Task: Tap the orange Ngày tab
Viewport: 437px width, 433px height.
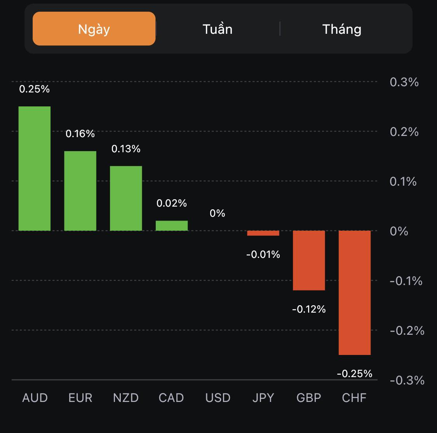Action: coord(94,29)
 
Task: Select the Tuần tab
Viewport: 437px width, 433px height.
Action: coord(218,29)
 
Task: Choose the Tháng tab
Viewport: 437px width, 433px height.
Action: coord(342,29)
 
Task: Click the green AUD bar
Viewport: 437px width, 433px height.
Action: coord(35,169)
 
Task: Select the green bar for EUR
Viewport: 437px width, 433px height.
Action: coord(80,191)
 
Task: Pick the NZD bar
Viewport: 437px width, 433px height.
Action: coord(126,198)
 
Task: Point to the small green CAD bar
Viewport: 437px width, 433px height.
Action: coord(172,226)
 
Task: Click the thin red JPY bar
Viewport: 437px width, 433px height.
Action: coord(263,233)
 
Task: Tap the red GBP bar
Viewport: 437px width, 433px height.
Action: coord(309,260)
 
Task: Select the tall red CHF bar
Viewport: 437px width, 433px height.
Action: coord(355,292)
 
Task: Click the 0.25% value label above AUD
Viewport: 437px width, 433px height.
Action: coord(35,89)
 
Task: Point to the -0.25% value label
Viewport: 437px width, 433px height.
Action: coord(355,374)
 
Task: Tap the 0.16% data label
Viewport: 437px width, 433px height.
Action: coord(80,134)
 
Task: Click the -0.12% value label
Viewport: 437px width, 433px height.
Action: coord(309,309)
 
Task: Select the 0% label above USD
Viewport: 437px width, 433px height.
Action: coord(218,213)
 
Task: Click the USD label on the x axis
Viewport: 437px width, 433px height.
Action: coord(218,398)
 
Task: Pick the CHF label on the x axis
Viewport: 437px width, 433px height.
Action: coord(354,398)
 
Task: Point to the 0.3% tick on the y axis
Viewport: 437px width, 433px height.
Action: coord(404,82)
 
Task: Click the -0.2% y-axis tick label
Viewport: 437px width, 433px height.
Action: coord(407,330)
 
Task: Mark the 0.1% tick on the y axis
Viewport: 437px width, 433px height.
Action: coord(403,181)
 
